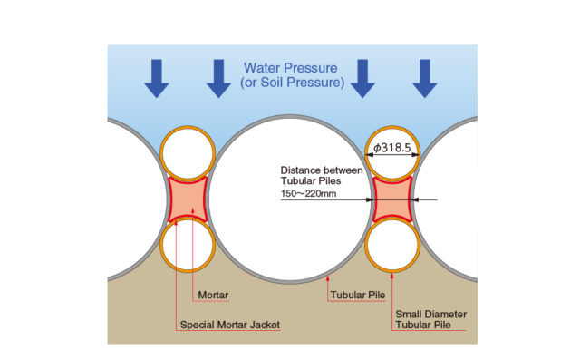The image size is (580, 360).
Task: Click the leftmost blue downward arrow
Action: click(x=157, y=78)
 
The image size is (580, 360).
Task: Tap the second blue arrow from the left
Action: click(x=217, y=78)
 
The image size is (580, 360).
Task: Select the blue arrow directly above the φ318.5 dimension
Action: click(x=362, y=78)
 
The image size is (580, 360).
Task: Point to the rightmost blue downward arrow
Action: click(x=423, y=78)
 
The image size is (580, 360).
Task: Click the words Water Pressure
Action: click(x=290, y=67)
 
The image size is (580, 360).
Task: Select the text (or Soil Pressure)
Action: click(x=290, y=83)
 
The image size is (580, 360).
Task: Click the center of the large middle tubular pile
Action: click(x=291, y=199)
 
